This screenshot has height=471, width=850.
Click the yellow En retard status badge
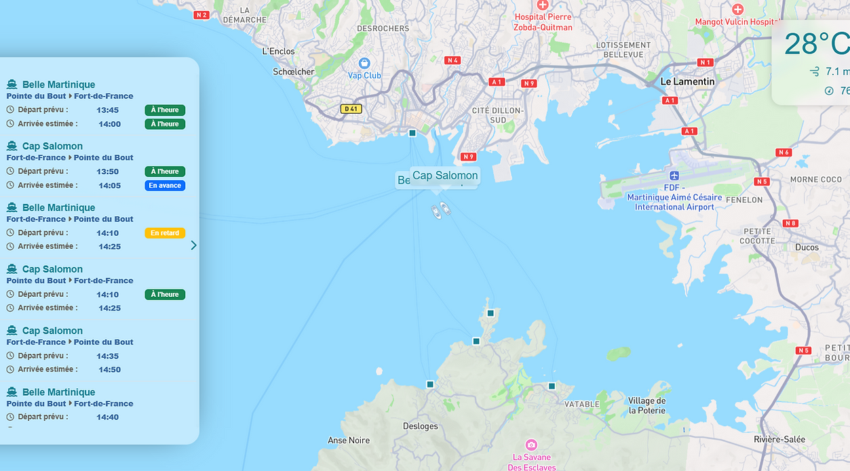coord(165,233)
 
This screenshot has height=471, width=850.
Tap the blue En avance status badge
coord(165,186)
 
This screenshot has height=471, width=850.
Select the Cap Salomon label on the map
coord(445,176)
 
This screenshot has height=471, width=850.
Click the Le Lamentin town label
coord(688,81)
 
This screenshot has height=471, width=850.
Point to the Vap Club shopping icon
coord(364,63)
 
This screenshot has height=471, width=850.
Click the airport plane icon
coord(674,176)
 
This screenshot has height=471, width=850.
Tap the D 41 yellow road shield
coord(351,108)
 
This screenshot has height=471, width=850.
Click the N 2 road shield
coord(201,15)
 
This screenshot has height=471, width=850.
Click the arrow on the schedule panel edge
coord(193,245)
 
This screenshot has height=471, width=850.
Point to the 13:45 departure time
coord(108,110)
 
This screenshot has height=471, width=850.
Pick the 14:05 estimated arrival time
coord(110,186)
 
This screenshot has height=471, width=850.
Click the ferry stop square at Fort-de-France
coord(412,133)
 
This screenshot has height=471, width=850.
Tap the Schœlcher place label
coord(294,72)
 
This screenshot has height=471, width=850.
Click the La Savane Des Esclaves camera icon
coord(531,445)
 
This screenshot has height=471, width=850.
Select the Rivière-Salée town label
coord(779,439)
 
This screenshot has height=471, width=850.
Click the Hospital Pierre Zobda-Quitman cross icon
coord(542,5)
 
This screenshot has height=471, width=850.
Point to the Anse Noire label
coord(349,441)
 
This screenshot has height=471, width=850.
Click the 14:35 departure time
coord(108,356)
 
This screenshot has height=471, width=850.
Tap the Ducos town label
coord(807,247)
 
